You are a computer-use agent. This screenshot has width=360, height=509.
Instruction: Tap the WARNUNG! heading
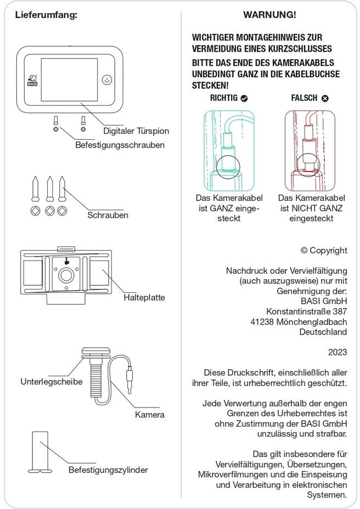coord(269,14)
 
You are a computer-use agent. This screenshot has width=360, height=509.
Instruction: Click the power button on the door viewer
coord(108,80)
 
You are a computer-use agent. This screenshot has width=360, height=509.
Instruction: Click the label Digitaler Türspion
coord(136,131)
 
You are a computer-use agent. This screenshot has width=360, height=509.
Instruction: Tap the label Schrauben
coord(108,215)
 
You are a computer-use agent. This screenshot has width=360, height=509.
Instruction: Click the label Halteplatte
coord(144,297)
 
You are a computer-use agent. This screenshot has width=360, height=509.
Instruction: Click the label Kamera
coord(149,415)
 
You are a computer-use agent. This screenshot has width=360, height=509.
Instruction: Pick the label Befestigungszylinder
coord(108,470)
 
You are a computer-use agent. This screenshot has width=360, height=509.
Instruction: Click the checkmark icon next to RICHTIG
coord(244,98)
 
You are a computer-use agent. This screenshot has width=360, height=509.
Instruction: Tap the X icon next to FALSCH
coord(325,98)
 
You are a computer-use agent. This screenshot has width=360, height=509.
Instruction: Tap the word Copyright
coord(328,250)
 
